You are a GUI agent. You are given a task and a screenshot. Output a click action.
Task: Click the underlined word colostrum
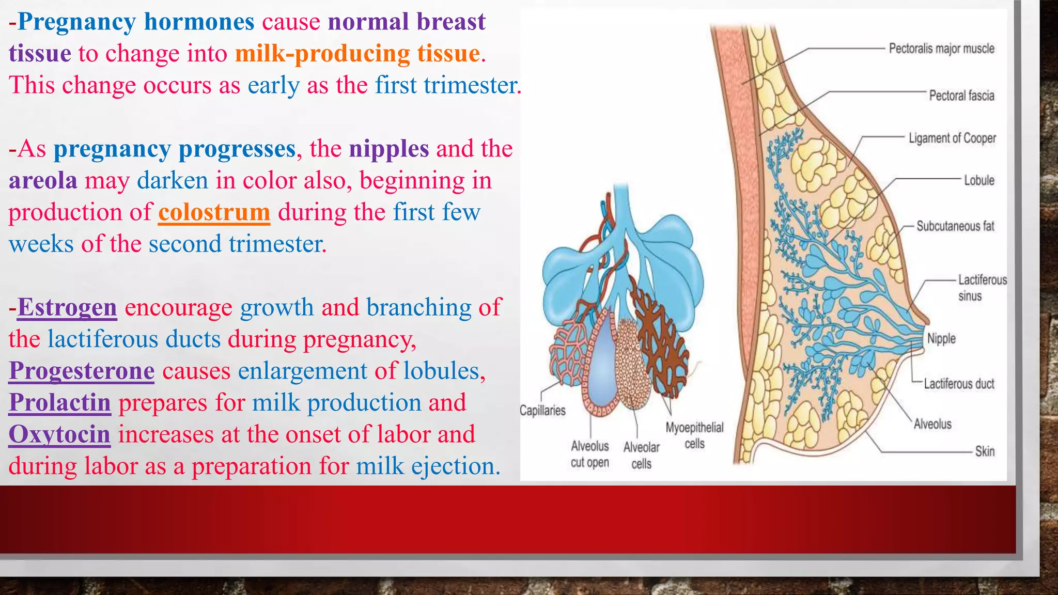coord(214,212)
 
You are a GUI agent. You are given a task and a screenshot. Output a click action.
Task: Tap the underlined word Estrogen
coord(67,307)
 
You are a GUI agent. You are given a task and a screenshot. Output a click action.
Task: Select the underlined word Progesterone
coord(82,371)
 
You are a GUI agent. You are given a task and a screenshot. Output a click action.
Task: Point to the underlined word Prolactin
coord(60,402)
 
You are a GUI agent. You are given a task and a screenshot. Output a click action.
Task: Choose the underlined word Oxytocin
coord(59,434)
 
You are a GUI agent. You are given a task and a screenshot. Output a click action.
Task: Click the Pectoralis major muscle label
coord(941,49)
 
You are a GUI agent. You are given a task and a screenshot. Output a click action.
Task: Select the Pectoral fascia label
coord(961,96)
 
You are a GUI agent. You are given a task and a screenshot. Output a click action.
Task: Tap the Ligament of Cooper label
coord(952,138)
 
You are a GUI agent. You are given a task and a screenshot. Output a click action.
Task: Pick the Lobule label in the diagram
coord(979,180)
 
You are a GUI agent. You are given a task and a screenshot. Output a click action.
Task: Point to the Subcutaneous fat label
coord(955,226)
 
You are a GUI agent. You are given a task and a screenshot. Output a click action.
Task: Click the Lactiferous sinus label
coord(982,288)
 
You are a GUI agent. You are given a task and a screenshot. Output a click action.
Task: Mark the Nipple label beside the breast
coord(941,339)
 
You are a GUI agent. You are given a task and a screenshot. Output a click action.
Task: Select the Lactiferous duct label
coord(959,384)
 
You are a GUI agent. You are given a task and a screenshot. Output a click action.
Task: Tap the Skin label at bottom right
coord(985,451)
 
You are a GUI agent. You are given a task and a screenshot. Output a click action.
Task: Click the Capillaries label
coord(542,411)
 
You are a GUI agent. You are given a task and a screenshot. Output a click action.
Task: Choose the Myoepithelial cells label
coord(694,435)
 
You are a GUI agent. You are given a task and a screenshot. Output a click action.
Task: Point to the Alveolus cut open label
coord(590,454)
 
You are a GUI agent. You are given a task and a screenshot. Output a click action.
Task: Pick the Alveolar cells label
coord(641,455)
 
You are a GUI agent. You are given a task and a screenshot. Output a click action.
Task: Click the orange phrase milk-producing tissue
coord(357,54)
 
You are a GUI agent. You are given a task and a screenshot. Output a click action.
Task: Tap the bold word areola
coord(43,181)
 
